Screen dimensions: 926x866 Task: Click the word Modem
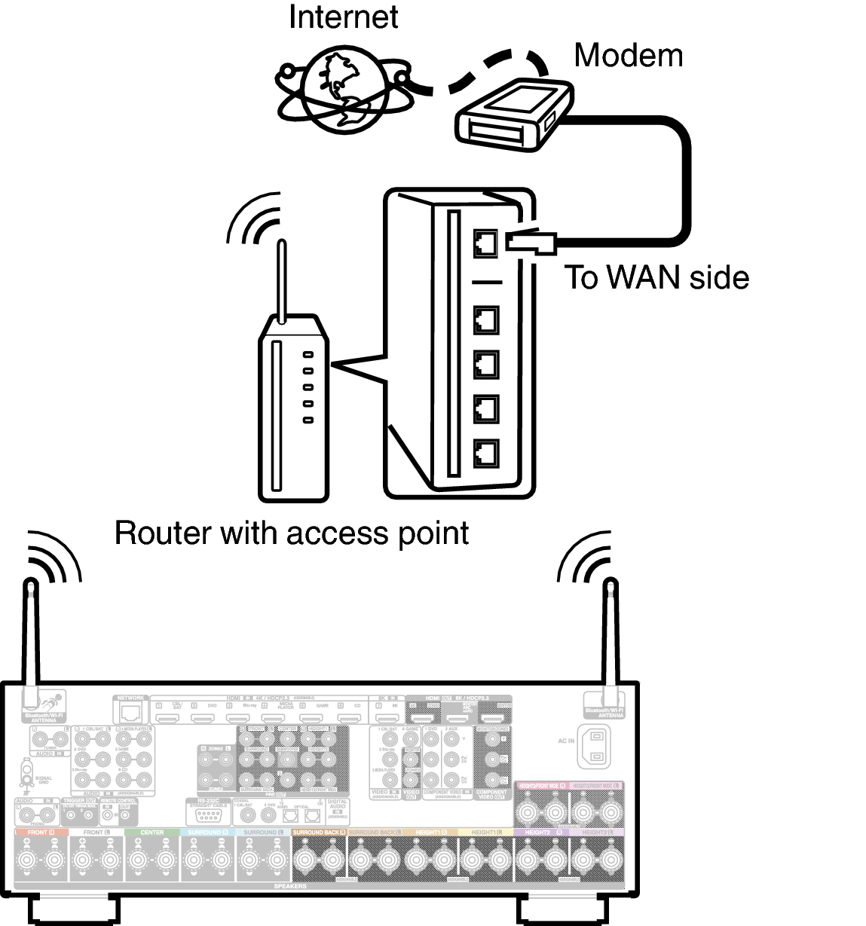click(628, 55)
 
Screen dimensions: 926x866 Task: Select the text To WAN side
click(656, 277)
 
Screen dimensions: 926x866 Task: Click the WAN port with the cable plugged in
click(485, 243)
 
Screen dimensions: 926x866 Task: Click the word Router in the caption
click(161, 533)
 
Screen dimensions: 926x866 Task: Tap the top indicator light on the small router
click(308, 354)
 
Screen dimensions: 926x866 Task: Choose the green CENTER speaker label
click(151, 833)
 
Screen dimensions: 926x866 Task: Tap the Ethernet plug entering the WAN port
click(531, 242)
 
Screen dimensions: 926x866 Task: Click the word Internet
click(343, 17)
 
